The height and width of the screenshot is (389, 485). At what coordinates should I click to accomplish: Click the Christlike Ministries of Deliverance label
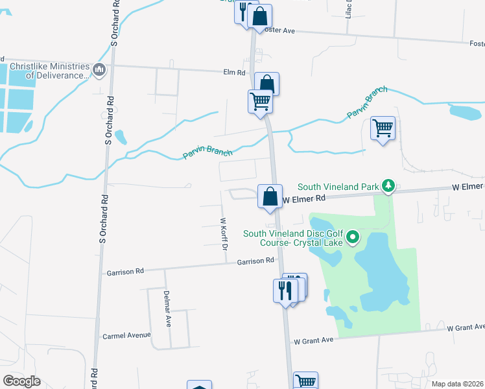point(49,70)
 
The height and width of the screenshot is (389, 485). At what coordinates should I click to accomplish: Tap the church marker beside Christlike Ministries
point(99,69)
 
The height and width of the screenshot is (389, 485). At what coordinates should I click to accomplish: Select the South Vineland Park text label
point(338,187)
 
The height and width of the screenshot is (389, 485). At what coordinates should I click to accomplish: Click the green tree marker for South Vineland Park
point(388,187)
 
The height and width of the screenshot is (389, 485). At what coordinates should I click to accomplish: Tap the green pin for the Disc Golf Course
point(353,238)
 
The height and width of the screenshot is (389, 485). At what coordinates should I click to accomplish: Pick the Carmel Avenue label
point(126,336)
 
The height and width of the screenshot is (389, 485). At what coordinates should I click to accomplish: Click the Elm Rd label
point(214,73)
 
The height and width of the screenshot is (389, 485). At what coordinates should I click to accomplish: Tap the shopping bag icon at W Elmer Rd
point(270,195)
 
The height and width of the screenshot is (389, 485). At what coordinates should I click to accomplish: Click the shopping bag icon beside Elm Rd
point(267,83)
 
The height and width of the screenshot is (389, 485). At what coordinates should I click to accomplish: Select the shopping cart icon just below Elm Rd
point(260,101)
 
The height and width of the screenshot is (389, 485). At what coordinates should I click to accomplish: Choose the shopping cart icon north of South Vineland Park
point(383,128)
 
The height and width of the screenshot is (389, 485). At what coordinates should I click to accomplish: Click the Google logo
point(21,381)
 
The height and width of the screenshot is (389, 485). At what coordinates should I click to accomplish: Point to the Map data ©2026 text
point(456,384)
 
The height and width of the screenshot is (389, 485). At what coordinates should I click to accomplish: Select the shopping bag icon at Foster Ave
point(259,16)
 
